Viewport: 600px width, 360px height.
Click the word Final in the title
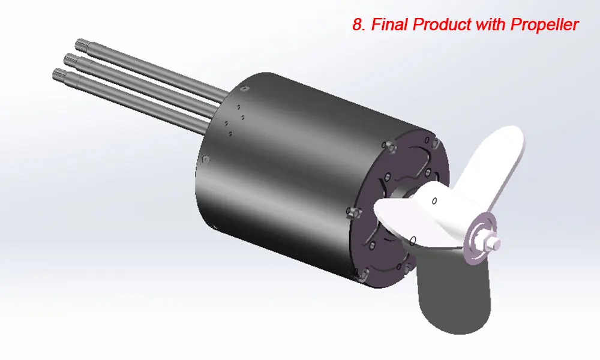point(391,25)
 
